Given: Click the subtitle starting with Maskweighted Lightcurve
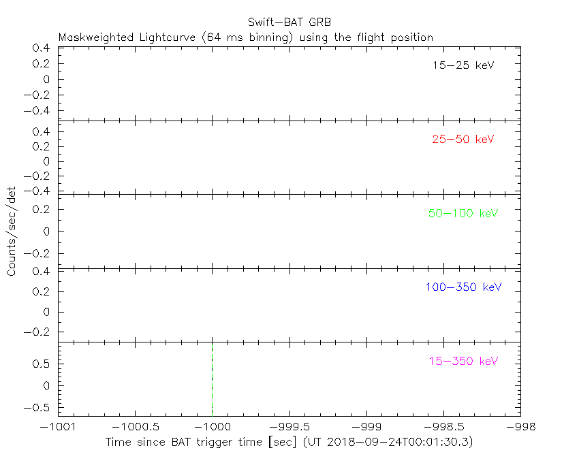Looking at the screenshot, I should click(x=246, y=37).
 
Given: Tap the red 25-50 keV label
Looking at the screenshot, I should click(x=463, y=140).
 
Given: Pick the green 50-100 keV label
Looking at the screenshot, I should click(x=463, y=213).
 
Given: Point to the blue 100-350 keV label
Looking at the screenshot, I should click(x=463, y=287).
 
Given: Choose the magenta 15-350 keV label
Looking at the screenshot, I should click(x=463, y=361).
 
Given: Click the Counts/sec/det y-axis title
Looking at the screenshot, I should click(x=12, y=231).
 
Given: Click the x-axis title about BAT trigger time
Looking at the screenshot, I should click(x=289, y=442).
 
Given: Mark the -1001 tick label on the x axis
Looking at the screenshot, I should click(x=58, y=426).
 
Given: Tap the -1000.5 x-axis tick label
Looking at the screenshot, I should click(x=135, y=426).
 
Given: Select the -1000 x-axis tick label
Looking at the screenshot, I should click(x=212, y=426).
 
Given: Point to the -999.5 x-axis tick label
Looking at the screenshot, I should click(x=289, y=426).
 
